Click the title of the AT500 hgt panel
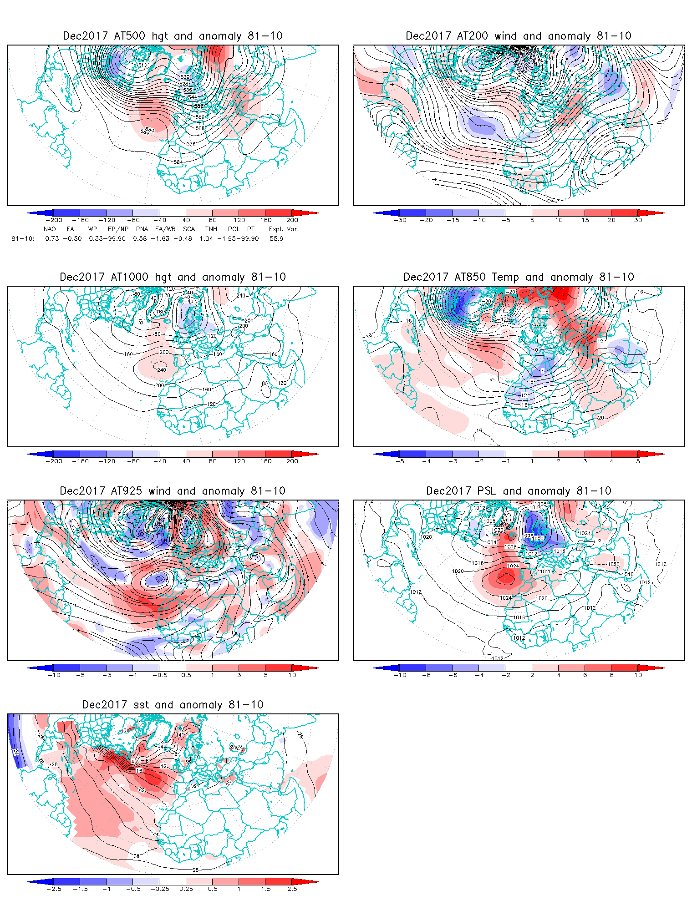173,36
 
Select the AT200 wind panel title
518,36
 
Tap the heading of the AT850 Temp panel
519,277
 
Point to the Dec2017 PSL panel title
519,491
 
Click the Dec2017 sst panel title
173,705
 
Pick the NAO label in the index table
50,229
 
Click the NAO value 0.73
52,238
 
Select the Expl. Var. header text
284,229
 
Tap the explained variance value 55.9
276,238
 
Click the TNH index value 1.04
206,238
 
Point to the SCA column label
188,229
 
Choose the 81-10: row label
22,238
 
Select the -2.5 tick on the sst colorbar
54,889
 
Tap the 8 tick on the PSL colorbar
612,675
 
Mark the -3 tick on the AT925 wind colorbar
107,675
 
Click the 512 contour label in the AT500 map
143,65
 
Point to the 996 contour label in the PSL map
528,536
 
